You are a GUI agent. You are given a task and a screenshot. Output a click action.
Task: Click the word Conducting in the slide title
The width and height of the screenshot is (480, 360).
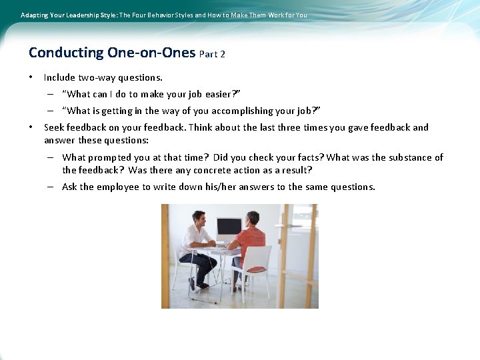coord(66,52)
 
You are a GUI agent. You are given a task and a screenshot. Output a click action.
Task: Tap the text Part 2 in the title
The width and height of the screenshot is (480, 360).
coord(212,54)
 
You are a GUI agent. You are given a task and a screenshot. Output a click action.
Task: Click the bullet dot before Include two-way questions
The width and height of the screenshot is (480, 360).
coord(31,77)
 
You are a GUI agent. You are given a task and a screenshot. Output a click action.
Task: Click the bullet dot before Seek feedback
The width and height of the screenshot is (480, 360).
coord(31,127)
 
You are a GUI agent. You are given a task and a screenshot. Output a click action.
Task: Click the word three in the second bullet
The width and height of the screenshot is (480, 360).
coord(303,127)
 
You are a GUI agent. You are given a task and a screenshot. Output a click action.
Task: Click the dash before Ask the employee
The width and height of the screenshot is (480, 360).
coord(50,187)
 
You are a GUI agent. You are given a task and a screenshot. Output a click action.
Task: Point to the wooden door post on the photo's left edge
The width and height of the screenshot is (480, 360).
coord(165,257)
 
